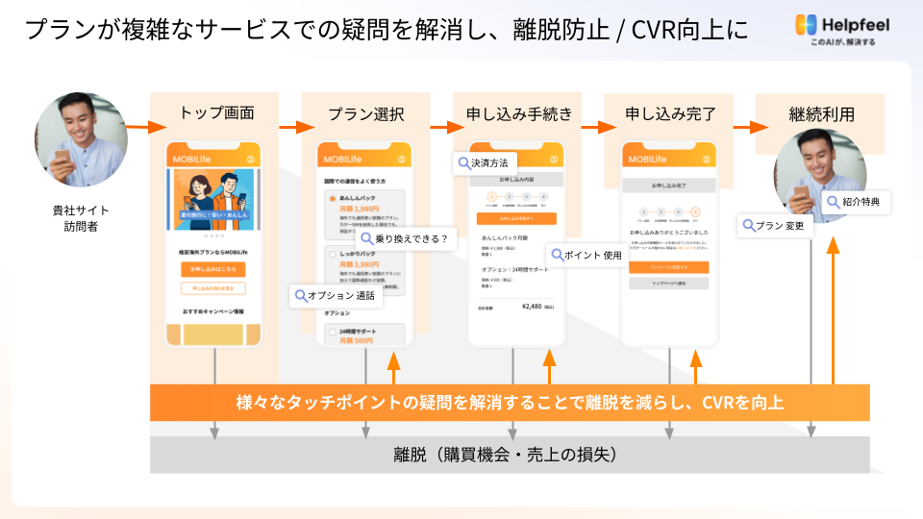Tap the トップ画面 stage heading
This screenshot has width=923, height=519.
pos(216,113)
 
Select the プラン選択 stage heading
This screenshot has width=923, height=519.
pos(365,113)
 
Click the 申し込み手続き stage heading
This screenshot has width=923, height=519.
pos(518,113)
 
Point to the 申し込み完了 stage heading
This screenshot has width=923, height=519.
pos(670,113)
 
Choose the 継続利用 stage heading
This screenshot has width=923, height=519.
pos(820,113)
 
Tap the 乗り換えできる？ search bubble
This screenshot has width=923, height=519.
pos(406,238)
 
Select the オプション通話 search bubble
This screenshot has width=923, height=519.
pos(337,296)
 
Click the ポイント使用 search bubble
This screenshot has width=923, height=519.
pos(586,255)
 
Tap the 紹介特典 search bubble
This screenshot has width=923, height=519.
pos(858,202)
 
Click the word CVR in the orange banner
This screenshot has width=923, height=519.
pos(722,402)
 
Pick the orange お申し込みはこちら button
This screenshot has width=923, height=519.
pos(212,269)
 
